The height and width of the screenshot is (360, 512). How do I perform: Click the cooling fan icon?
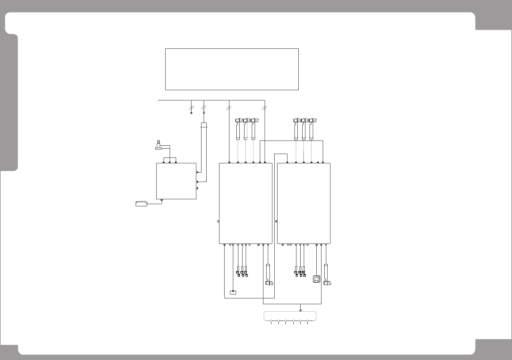[317, 279]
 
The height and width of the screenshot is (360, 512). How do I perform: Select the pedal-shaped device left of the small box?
[141, 204]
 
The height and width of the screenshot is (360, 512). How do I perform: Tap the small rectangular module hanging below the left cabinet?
[233, 292]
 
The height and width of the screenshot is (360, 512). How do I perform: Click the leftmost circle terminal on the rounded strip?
[271, 321]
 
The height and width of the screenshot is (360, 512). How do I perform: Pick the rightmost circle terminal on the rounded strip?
[307, 321]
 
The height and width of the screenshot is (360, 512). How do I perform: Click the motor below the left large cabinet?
[269, 283]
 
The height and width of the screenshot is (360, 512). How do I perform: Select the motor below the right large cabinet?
[328, 283]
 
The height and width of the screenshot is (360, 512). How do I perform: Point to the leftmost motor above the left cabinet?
[239, 120]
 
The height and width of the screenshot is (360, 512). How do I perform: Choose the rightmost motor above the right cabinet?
[313, 120]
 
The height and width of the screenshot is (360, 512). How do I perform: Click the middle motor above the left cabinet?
[247, 120]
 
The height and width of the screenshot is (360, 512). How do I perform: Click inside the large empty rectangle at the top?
[232, 69]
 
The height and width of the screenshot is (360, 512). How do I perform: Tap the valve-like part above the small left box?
[158, 145]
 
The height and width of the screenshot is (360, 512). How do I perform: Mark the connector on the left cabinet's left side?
[218, 221]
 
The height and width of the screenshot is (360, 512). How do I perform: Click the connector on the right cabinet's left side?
[276, 221]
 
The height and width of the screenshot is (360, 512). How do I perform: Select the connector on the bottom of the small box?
[162, 200]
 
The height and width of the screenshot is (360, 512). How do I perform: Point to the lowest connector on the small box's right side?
[197, 188]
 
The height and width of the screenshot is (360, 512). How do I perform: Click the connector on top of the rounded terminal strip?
[300, 310]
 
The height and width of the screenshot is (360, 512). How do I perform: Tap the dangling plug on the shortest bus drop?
[191, 113]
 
